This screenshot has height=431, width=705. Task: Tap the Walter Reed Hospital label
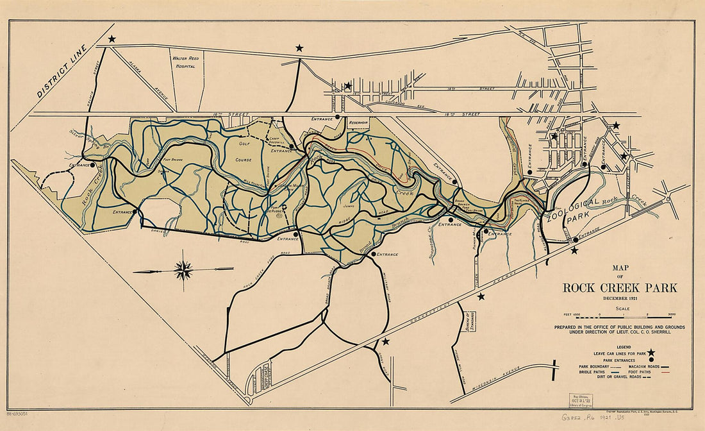[x=185, y=62]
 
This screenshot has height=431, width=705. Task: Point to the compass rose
[x=183, y=271]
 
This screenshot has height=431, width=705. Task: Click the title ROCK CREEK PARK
[x=619, y=288]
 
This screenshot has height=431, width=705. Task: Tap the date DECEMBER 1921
[x=620, y=299]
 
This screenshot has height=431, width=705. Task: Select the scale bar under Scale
[x=619, y=316]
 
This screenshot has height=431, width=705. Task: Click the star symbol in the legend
[x=651, y=352]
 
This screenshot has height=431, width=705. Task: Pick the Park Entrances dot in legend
[x=651, y=359]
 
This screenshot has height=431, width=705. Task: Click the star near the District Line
[x=112, y=39]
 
